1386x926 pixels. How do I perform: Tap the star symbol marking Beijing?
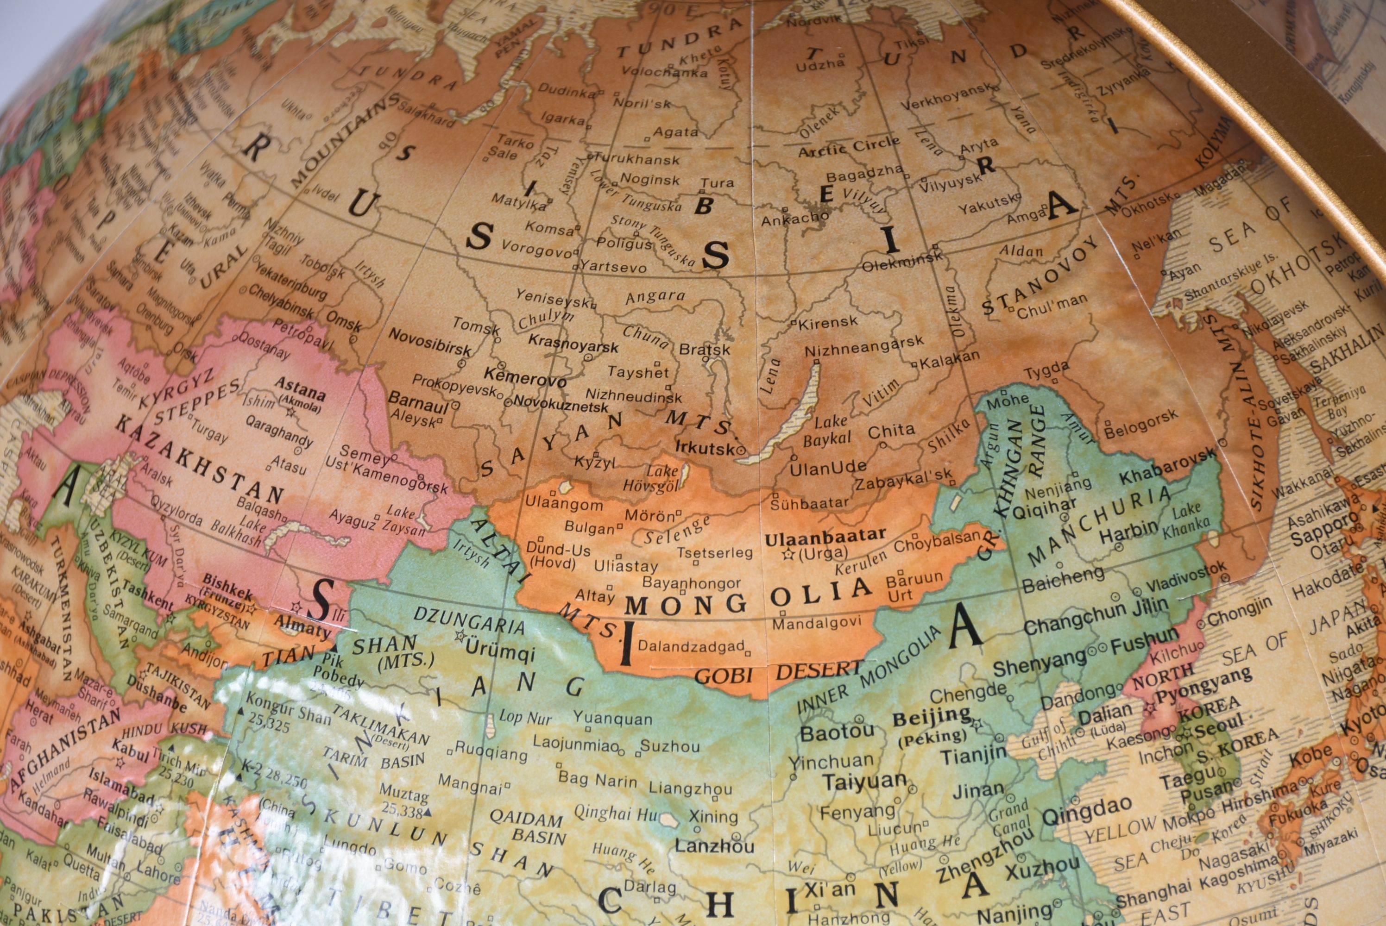976,723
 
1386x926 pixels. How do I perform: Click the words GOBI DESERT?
779,673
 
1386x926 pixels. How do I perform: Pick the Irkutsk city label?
705,447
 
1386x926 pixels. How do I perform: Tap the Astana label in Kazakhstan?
300,389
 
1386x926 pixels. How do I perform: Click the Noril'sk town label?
642,103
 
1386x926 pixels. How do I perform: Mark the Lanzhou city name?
714,846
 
